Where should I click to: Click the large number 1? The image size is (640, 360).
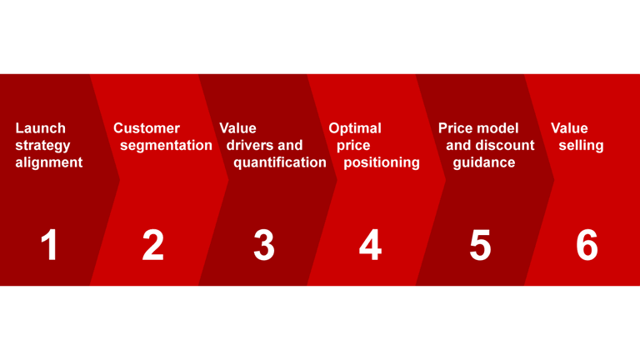tap(50, 245)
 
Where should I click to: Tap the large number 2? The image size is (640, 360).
tap(153, 245)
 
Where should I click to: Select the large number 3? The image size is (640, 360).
tap(263, 245)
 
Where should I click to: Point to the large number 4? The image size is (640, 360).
tap(370, 245)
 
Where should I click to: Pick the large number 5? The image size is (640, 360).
tap(480, 245)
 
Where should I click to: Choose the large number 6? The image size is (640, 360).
tap(587, 245)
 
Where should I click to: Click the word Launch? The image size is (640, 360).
tap(40, 128)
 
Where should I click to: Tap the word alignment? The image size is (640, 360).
tap(49, 162)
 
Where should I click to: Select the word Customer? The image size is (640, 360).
tap(147, 128)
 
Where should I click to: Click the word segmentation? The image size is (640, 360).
tap(166, 146)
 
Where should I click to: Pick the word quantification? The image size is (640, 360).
tap(280, 162)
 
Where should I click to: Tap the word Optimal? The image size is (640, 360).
tap(355, 128)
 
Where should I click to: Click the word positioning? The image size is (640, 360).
tap(382, 162)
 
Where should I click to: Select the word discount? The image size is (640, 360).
tap(505, 146)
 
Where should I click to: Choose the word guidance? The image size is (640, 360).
tap(484, 162)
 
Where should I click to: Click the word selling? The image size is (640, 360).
tap(581, 146)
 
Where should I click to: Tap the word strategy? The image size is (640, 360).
tap(43, 146)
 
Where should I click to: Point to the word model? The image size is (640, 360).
tap(498, 128)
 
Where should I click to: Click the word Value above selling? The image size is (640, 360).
tap(569, 128)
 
